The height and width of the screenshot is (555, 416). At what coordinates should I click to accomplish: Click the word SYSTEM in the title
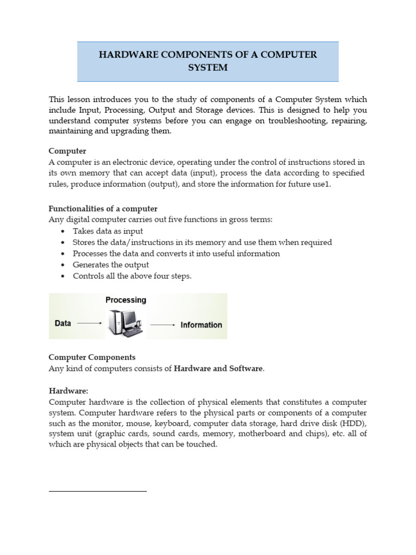pyautogui.click(x=208, y=68)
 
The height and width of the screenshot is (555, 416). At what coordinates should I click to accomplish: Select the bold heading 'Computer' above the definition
pyautogui.click(x=67, y=151)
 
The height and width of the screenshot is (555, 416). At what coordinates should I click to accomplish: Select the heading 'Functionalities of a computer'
pyautogui.click(x=103, y=209)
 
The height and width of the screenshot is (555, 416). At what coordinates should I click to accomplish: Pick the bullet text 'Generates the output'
pyautogui.click(x=111, y=265)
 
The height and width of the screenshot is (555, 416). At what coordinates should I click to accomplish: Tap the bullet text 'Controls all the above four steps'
pyautogui.click(x=132, y=276)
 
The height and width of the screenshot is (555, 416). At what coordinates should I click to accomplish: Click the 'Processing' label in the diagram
pyautogui.click(x=126, y=300)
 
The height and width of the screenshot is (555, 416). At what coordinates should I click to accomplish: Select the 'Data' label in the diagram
pyautogui.click(x=63, y=324)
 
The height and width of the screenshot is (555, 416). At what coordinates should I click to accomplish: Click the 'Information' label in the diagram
pyautogui.click(x=201, y=325)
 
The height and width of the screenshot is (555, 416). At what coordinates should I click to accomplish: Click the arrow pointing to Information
pyautogui.click(x=162, y=325)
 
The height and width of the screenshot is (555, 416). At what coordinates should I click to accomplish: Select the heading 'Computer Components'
pyautogui.click(x=92, y=357)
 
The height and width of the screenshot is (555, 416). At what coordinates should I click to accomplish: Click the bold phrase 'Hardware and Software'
pyautogui.click(x=218, y=369)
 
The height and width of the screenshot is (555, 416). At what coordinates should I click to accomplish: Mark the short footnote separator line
pyautogui.click(x=97, y=491)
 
